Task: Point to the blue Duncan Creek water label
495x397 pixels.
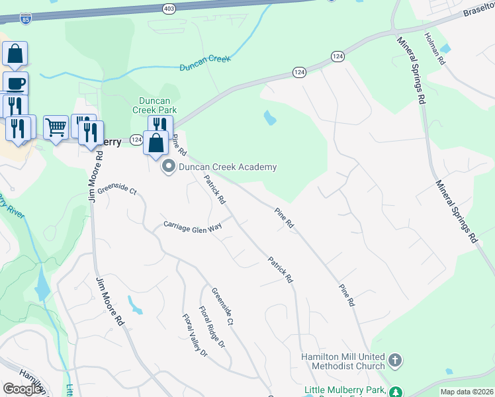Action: [205, 61]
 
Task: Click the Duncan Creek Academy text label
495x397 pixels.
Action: [228, 167]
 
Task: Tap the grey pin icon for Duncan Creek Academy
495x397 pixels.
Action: [168, 167]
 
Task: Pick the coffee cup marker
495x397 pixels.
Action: [15, 83]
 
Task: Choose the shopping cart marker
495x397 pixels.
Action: [56, 126]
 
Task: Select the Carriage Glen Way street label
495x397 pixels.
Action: [193, 226]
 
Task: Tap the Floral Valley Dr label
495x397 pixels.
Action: [195, 335]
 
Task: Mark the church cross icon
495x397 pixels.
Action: [395, 361]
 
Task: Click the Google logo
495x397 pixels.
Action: [22, 389]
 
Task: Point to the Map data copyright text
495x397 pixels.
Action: [467, 392]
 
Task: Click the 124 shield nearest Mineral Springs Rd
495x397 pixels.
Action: [337, 57]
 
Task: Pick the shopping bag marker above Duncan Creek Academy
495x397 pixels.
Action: [156, 142]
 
